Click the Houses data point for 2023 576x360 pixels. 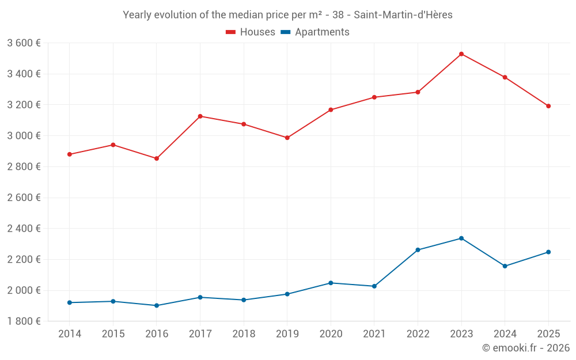coord(461,54)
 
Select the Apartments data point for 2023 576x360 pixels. coord(461,238)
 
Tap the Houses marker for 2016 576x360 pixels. coord(157,158)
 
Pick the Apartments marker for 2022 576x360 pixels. coord(418,250)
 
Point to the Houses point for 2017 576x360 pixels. coord(200,116)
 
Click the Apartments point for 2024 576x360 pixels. coord(505,266)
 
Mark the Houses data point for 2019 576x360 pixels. coord(287,138)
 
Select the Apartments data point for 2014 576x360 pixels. coord(70,302)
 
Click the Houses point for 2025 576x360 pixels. coord(548,106)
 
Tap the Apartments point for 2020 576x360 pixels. coord(331,283)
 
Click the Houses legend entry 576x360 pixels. coord(251,32)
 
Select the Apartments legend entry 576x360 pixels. coord(315,32)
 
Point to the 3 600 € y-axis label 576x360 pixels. coord(24,43)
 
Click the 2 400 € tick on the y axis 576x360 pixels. coord(24,229)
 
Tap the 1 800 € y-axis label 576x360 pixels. coord(24,321)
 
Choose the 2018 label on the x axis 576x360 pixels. coord(244,334)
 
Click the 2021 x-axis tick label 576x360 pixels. coord(374,334)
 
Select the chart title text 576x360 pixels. coord(287,15)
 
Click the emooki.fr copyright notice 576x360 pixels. coord(525,348)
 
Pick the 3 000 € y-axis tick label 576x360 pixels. coord(24,136)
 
